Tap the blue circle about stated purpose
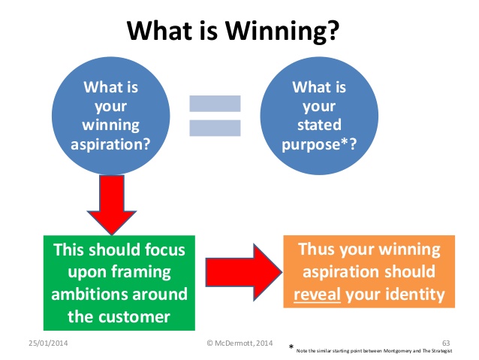[313, 113]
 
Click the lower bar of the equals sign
[215, 127]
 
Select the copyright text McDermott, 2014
[239, 342]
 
